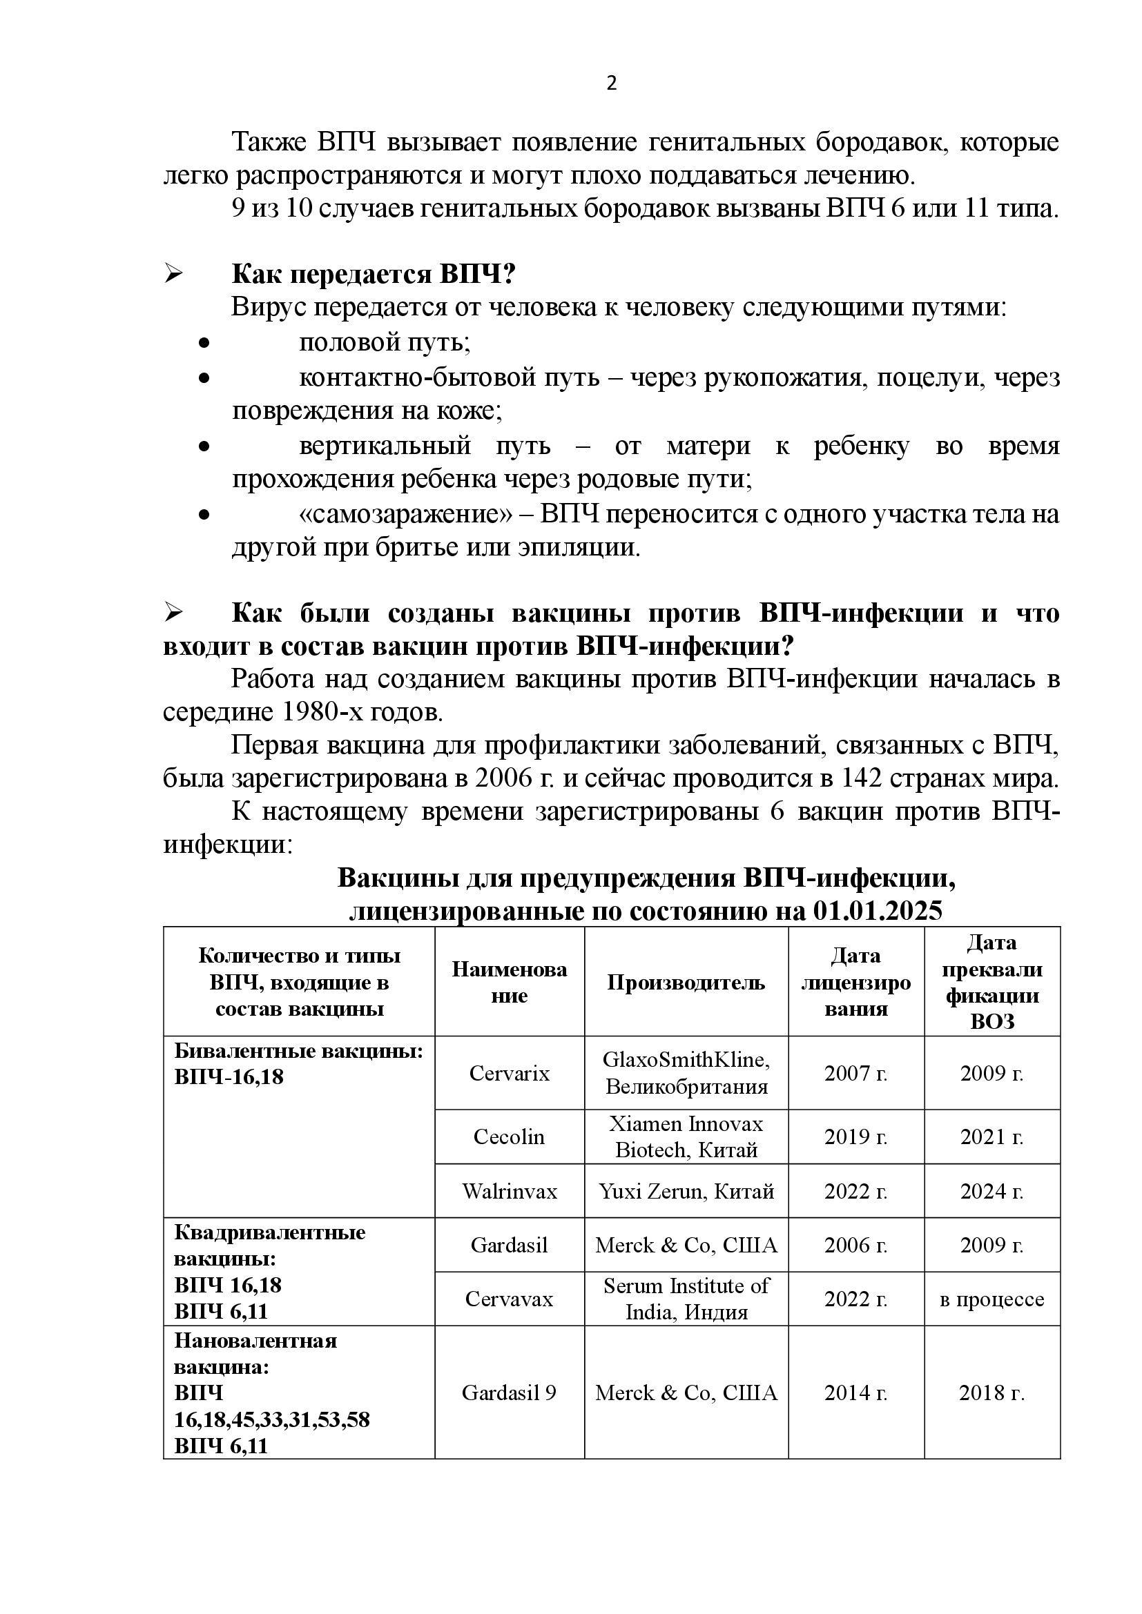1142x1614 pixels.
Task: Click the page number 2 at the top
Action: point(611,83)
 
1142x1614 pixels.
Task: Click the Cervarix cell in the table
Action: point(509,1074)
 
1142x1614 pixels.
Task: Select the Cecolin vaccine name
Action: point(509,1136)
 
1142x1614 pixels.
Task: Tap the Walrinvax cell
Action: point(509,1191)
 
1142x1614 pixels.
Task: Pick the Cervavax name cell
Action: point(509,1299)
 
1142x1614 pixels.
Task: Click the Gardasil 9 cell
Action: point(509,1392)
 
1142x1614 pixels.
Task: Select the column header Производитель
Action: point(686,982)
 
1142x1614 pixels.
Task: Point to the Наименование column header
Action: point(509,982)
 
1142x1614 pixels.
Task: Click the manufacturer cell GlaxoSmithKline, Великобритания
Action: point(686,1074)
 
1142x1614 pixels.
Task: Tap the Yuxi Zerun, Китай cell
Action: point(686,1191)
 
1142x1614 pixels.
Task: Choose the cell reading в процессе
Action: point(991,1299)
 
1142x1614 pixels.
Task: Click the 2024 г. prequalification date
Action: point(991,1191)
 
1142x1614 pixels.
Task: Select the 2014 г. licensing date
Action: point(855,1392)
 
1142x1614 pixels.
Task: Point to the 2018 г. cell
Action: point(991,1392)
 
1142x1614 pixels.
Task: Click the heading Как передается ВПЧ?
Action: point(374,274)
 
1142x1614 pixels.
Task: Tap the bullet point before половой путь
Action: point(204,344)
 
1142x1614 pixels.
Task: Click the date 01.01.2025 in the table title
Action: point(877,911)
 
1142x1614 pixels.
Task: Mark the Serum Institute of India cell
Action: point(686,1299)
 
